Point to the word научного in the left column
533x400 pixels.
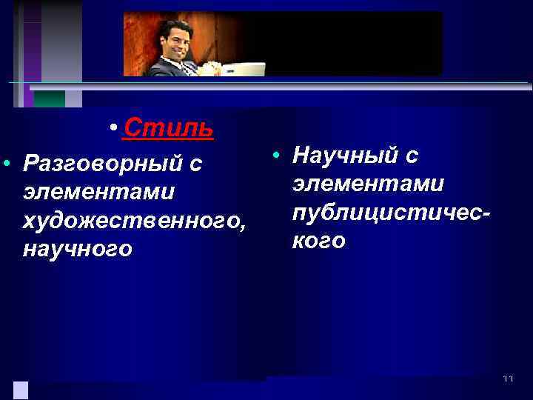pos(78,249)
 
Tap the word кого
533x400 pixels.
pos(319,241)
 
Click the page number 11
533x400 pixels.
pos(508,379)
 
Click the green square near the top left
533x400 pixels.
pos(50,99)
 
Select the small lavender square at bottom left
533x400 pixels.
pos(21,390)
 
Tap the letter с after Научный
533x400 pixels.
pos(412,156)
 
